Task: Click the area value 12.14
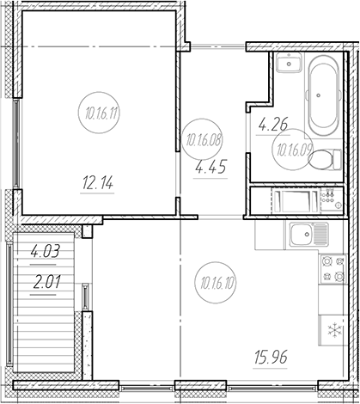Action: [98, 183]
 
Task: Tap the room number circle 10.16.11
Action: [99, 113]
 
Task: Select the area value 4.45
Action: [211, 167]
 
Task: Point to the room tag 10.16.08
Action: [202, 140]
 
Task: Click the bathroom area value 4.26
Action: [273, 125]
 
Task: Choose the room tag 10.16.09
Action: [293, 149]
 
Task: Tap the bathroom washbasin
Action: [289, 63]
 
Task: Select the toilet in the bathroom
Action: [325, 159]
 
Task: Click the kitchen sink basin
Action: [302, 235]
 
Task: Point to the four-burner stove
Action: [333, 269]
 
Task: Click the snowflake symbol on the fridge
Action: [334, 330]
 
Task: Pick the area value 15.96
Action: [271, 357]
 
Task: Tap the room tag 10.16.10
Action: [216, 283]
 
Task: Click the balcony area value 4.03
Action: [46, 252]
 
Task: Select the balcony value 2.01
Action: [46, 283]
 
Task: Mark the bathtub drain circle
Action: [319, 95]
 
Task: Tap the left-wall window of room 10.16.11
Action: [16, 144]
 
